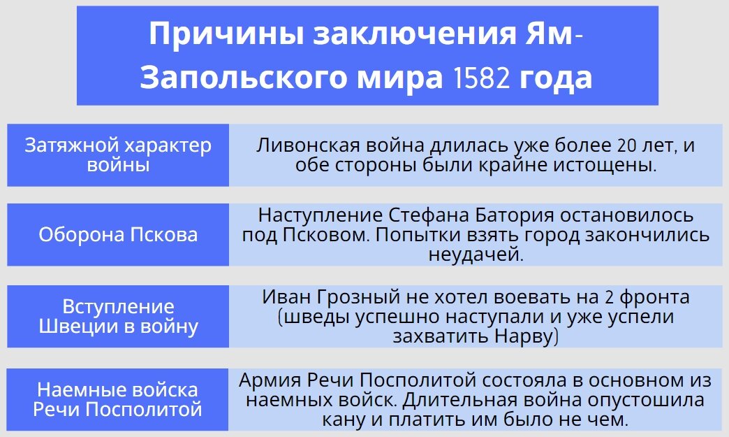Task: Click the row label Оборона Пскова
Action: [x=118, y=234]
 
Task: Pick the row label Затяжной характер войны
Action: [x=118, y=155]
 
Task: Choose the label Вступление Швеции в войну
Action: [x=118, y=317]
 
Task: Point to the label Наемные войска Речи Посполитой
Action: [x=118, y=399]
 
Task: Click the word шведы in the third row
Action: [x=317, y=317]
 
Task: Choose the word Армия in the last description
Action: [x=267, y=381]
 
